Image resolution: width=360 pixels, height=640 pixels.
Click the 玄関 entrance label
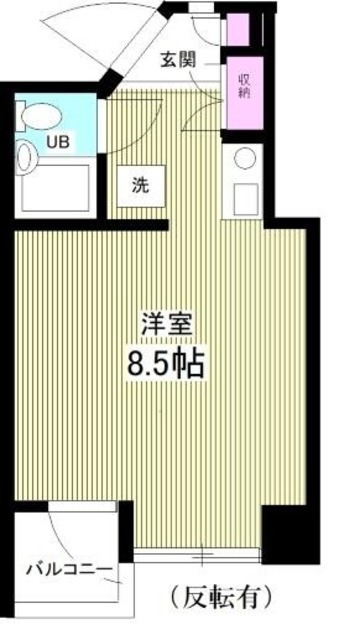click(181, 58)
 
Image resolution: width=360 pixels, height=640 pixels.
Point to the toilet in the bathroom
click(37, 115)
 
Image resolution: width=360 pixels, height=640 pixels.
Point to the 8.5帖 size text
click(165, 362)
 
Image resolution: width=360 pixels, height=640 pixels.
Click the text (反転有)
click(221, 598)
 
